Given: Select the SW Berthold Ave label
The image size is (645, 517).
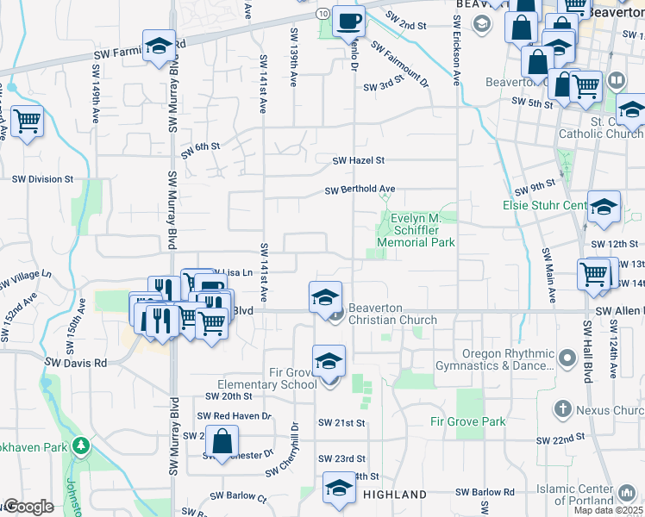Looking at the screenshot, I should [360, 190].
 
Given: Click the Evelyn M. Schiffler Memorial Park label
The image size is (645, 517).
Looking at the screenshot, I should [422, 230].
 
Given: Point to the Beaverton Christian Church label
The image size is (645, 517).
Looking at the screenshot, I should [391, 320].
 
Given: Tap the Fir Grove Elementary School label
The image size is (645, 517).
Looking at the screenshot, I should [267, 379].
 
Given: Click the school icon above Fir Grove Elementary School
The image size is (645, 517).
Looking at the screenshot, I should [329, 362].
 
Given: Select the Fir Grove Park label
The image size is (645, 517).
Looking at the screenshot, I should [468, 421].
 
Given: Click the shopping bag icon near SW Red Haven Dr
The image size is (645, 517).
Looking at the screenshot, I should [222, 440].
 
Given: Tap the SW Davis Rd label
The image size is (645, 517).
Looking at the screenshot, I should [77, 364].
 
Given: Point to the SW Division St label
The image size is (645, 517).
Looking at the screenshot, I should [42, 179].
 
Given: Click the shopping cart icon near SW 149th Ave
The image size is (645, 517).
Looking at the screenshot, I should [27, 121].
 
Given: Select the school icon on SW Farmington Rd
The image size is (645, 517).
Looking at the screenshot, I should [159, 49].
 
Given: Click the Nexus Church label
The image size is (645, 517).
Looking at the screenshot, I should [610, 410].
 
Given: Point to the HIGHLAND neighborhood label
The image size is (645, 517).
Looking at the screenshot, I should [394, 495].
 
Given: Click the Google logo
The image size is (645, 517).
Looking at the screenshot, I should [28, 507].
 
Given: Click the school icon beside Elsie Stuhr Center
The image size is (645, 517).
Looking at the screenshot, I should [604, 208].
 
